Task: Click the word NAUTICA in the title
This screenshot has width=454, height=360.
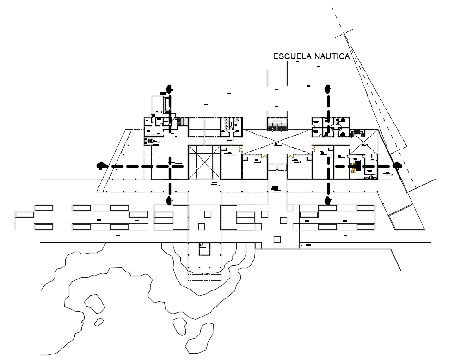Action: [x=331, y=56]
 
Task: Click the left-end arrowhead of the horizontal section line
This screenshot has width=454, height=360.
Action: [x=100, y=166]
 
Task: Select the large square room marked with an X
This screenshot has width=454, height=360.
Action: [x=203, y=162]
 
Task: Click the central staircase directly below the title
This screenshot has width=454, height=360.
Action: [x=277, y=124]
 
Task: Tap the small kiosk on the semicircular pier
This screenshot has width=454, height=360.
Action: [x=204, y=248]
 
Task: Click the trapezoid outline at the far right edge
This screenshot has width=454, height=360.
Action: [x=406, y=218]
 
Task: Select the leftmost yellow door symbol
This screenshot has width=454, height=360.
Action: [x=240, y=149]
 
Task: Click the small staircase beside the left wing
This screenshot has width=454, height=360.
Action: [x=182, y=122]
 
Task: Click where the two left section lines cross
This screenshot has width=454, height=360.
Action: [x=170, y=166]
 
